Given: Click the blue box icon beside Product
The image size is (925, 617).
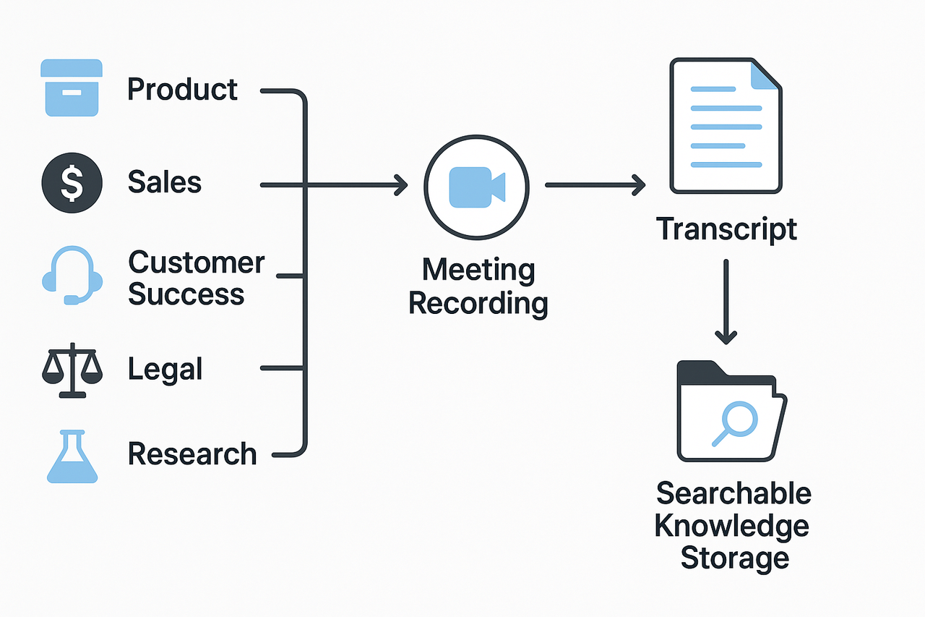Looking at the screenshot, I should coord(72,88).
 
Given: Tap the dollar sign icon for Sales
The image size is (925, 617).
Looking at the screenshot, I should coord(72,182).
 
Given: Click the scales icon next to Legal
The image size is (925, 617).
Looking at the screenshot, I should coord(72,370).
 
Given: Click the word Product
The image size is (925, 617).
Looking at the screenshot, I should coord(182,90).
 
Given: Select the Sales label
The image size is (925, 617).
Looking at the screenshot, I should coord(164,182).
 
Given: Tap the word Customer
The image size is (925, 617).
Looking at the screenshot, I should coord(197,263).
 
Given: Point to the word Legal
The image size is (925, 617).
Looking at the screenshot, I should coord(165,370).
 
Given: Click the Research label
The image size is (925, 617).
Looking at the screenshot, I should coord(192,454).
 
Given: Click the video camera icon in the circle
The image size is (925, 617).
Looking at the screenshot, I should coord(476,186).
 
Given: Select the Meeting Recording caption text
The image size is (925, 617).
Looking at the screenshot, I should coord(478,287).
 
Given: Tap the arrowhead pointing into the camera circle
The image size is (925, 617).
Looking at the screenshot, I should coord(400,186).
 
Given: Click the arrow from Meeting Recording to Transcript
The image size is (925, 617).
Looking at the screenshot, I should coord(594,185).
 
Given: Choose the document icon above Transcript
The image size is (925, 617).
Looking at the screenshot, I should coord(726,127).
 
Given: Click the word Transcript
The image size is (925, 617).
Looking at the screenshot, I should coord(726,229).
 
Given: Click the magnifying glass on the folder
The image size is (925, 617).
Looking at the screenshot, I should coord(733,422).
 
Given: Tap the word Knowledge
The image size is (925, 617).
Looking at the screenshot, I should coord(731,526).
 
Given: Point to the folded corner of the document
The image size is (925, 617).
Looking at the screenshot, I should coord(765,75).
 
